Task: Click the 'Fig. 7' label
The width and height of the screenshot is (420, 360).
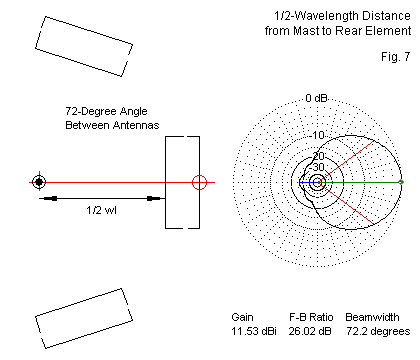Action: tap(396, 57)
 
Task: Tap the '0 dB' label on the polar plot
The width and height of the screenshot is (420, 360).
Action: tap(317, 98)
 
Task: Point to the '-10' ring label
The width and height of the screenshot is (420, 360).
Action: tap(317, 135)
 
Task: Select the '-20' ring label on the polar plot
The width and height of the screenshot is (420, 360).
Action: tap(318, 156)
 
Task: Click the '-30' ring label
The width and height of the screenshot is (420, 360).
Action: tap(318, 167)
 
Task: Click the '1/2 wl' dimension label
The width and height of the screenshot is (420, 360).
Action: tap(101, 210)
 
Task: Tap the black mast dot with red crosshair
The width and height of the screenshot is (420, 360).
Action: tap(39, 182)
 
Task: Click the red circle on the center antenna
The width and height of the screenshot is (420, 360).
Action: tap(199, 182)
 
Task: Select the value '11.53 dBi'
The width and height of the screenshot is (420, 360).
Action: tap(254, 331)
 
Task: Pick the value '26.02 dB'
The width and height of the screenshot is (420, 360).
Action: tap(310, 331)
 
